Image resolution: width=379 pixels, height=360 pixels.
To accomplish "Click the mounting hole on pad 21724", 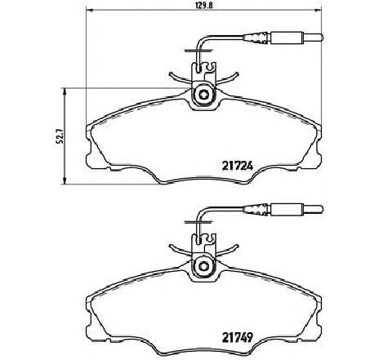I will pyautogui.click(x=201, y=98).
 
